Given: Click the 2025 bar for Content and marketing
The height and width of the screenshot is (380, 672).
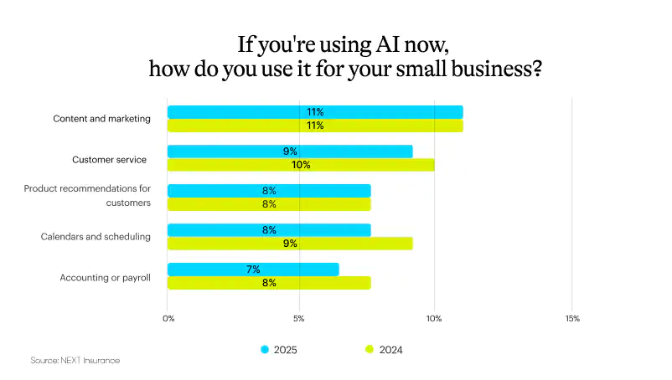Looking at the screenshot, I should [x=315, y=112].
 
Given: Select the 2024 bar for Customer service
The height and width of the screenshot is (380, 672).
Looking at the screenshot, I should [x=301, y=165].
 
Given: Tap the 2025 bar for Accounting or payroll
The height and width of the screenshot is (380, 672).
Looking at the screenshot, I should [x=253, y=270].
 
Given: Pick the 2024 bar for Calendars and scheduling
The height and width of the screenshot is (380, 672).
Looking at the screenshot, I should [x=290, y=244].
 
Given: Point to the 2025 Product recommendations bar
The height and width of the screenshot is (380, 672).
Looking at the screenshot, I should [x=269, y=191].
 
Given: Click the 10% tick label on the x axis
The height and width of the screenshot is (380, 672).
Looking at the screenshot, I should [x=434, y=318].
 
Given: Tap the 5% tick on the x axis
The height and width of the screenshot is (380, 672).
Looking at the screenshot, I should [x=299, y=318].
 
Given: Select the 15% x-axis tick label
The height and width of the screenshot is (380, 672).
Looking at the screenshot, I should [x=572, y=318].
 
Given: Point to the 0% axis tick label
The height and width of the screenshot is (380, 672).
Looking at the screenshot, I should [x=168, y=318].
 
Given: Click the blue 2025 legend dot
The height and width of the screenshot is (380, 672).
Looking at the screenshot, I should [x=265, y=349].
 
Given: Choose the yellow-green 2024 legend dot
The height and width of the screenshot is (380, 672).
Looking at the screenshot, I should [x=369, y=349].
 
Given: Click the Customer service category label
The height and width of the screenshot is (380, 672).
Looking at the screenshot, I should [x=109, y=159].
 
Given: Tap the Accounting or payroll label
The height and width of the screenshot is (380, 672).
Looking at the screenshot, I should [x=105, y=277].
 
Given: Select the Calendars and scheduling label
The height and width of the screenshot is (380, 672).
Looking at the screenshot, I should [x=96, y=237].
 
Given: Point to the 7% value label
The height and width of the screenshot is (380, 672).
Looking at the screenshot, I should [x=253, y=270].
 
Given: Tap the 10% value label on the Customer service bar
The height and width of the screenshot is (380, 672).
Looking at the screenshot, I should [x=301, y=165].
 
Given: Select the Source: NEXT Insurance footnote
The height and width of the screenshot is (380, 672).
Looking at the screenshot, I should [x=75, y=360].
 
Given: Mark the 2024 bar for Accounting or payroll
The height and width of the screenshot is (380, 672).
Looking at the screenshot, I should [x=269, y=283].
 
